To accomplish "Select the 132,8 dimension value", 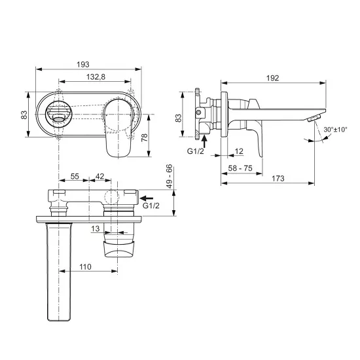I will click(96, 77).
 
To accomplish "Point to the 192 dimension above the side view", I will click(274, 78).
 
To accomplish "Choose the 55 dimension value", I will click(75, 177).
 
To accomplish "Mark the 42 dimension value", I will click(100, 177).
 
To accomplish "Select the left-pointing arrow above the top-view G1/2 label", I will click(149, 196).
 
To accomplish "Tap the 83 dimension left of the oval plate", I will click(24, 115).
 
